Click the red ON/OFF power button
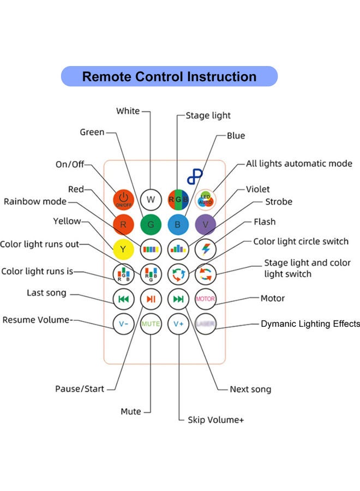tap(124, 199)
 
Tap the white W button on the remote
tap(151, 199)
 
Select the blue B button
tap(178, 224)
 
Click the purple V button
tap(206, 224)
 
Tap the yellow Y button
tap(124, 249)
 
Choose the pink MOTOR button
tap(206, 298)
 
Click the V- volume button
tap(124, 323)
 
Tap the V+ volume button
tap(178, 323)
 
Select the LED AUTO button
tap(206, 199)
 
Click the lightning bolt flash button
tap(206, 249)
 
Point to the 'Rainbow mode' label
tap(35, 201)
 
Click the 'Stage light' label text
tap(208, 116)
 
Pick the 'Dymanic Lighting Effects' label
tap(310, 324)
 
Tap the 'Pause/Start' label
tap(79, 389)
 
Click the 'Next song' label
tap(250, 389)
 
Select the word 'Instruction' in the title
tap(221, 76)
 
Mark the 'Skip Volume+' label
tap(215, 420)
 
